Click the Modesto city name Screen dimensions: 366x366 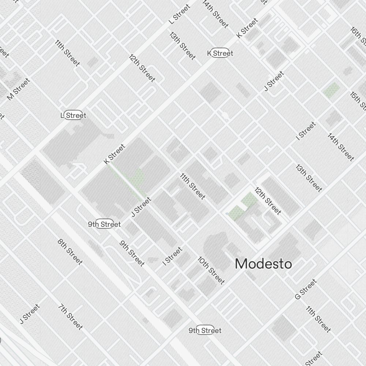(x=263, y=264)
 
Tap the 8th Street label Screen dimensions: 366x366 (x=70, y=251)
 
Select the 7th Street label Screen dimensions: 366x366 (x=70, y=317)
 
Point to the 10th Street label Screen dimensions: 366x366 (x=211, y=270)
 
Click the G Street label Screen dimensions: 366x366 (x=306, y=290)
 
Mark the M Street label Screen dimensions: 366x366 (x=18, y=89)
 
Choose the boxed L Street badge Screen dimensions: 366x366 (x=73, y=116)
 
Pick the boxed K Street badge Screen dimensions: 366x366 (x=220, y=53)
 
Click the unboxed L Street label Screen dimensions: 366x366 (x=180, y=14)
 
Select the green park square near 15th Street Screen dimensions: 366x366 (x=331, y=90)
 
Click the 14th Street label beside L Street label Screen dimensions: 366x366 (x=215, y=14)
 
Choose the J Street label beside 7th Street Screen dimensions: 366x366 (x=29, y=314)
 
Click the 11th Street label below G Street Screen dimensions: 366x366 (x=318, y=319)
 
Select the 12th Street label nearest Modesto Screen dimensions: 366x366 (x=268, y=201)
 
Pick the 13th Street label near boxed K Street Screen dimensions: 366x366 (x=182, y=46)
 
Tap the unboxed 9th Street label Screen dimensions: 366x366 (x=132, y=253)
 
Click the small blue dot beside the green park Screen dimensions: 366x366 (x=227, y=213)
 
